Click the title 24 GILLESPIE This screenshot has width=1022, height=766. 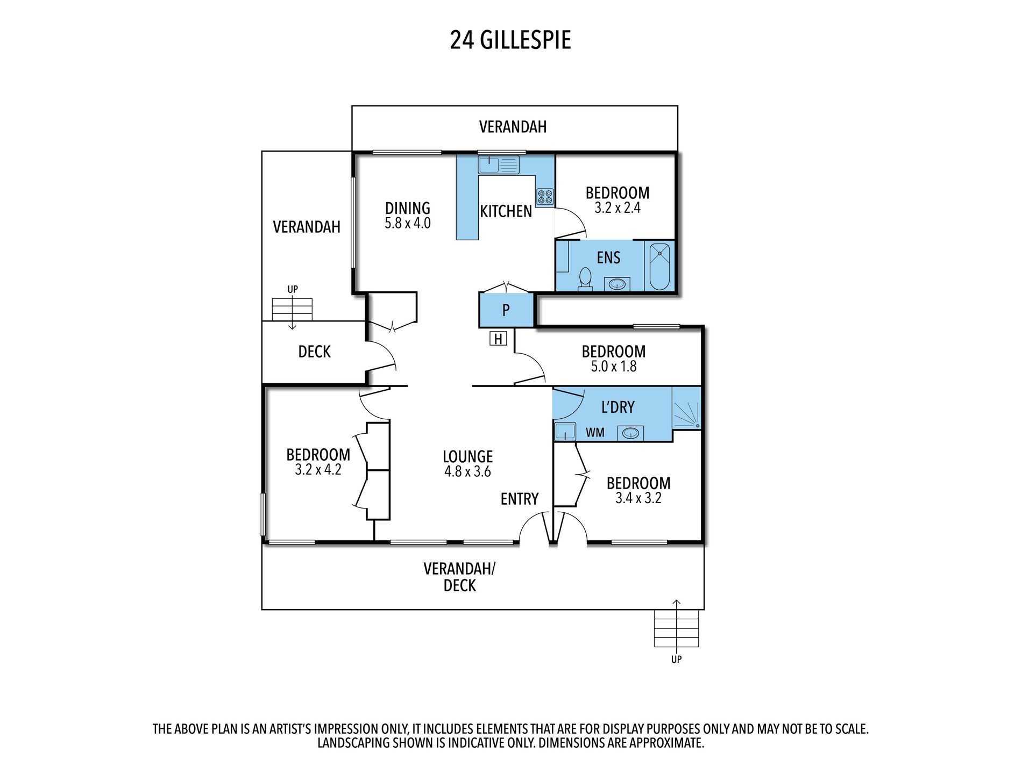(510, 40)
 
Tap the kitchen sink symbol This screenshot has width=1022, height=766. (498, 164)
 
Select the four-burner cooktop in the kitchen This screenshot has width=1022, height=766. (545, 197)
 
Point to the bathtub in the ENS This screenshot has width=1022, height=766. (659, 267)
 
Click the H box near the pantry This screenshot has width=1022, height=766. (498, 339)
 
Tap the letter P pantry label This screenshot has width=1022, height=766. (506, 310)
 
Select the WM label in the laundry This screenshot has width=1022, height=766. (595, 433)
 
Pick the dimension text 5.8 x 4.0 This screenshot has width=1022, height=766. (407, 224)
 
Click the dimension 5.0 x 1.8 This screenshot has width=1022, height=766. (613, 367)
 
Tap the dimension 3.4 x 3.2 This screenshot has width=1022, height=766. (638, 498)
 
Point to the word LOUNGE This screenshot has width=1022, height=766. (467, 456)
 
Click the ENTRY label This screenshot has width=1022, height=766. (519, 499)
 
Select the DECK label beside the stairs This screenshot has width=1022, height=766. (314, 352)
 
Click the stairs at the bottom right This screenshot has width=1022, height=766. (676, 628)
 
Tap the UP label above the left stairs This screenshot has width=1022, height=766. (292, 289)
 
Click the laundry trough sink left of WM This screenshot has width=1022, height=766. (565, 431)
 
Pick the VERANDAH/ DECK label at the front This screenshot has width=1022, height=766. (459, 577)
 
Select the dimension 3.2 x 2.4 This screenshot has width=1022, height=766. (617, 209)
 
